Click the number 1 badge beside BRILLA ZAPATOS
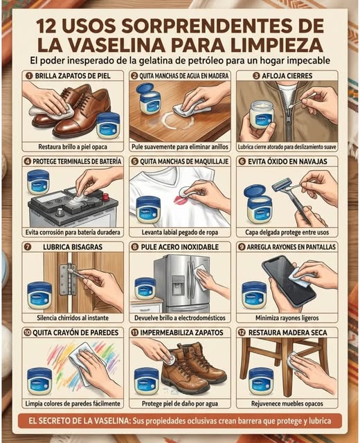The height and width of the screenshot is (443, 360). [28, 75]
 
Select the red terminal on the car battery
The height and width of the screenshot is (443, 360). [106, 197]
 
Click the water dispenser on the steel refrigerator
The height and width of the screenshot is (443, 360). [178, 284]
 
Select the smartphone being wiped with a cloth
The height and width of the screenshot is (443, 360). [288, 281]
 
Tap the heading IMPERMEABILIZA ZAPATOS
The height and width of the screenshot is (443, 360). [182, 332]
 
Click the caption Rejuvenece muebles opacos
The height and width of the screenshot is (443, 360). [287, 404]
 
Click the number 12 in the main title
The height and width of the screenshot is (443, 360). [46, 26]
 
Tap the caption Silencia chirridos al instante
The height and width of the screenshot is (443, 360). [73, 318]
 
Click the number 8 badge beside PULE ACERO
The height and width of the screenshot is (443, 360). [134, 247]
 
